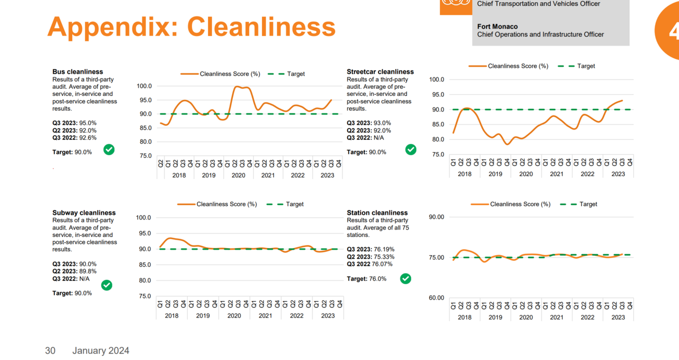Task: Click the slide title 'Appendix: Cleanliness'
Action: [191, 27]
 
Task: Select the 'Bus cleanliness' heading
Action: [77, 72]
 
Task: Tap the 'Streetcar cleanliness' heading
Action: [380, 72]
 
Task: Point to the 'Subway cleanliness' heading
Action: [84, 213]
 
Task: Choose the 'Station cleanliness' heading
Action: [377, 213]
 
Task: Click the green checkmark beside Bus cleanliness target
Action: [109, 150]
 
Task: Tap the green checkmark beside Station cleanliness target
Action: [405, 278]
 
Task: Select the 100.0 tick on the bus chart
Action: [144, 86]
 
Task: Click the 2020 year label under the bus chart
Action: [238, 175]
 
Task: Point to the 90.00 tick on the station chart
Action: [437, 217]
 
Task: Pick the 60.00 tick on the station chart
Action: [437, 298]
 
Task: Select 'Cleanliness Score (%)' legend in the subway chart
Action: [227, 204]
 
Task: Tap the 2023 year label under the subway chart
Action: [328, 315]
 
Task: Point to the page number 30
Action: [50, 350]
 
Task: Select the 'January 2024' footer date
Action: [101, 350]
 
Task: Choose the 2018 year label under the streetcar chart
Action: [464, 174]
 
